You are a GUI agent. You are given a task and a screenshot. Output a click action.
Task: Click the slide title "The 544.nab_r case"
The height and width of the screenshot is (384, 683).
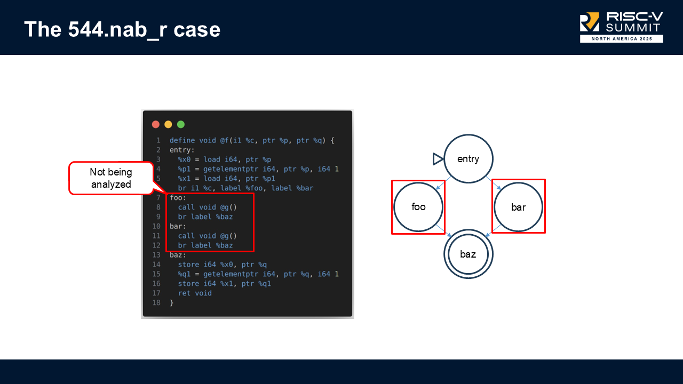(122, 29)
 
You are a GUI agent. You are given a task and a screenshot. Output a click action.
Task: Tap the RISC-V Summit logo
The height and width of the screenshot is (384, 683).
(621, 27)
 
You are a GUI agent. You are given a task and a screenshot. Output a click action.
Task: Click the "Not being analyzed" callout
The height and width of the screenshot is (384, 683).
(111, 178)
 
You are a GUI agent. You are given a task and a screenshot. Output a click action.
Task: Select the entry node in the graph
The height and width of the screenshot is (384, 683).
(468, 159)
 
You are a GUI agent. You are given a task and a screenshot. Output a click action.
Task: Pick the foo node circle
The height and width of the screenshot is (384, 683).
(418, 207)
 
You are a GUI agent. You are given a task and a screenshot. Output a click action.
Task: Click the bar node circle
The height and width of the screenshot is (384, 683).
(518, 207)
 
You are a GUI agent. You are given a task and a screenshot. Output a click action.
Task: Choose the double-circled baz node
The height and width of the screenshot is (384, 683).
(468, 254)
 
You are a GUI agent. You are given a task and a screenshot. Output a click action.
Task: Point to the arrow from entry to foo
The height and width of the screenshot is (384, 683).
(442, 183)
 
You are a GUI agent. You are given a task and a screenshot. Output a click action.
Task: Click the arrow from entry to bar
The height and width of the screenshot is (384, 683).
(493, 183)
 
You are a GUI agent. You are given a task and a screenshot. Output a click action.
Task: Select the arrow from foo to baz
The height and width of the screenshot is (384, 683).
(444, 230)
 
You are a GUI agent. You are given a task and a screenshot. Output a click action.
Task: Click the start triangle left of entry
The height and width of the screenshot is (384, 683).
(438, 159)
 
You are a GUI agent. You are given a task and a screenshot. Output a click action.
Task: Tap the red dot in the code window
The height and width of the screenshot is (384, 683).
(156, 124)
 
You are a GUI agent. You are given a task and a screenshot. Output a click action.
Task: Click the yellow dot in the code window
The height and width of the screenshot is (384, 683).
(168, 124)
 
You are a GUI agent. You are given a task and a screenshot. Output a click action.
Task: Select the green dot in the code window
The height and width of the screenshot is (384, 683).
(181, 124)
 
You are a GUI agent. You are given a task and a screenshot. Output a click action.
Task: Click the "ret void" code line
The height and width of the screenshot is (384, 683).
(195, 293)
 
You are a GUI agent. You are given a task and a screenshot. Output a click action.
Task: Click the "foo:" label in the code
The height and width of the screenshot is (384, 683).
(178, 197)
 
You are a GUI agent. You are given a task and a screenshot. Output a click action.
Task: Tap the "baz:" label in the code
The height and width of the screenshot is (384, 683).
(178, 255)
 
